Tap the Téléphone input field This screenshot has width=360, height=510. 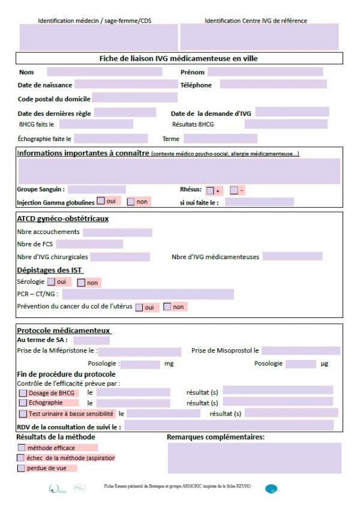pos(272,85)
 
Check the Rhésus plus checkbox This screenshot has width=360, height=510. pos(210,191)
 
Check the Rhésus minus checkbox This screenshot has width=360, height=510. pos(234,191)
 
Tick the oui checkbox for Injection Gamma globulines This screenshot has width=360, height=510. pos(101,201)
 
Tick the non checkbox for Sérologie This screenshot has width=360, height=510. pos(81,283)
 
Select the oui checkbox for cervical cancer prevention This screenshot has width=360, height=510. pos(139,307)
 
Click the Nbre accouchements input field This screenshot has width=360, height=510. pos(117,232)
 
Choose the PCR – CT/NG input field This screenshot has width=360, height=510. pos(148,294)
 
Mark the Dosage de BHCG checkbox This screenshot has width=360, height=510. pos(23,393)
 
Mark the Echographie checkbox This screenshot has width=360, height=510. pos(23,403)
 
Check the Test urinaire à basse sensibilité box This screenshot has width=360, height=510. pos(23,414)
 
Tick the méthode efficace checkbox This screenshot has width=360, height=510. pos(22,448)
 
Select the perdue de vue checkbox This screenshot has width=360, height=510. pos(22,469)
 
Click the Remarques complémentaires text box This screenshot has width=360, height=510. pos(254,458)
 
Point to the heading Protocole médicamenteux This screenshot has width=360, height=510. pos(64,331)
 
